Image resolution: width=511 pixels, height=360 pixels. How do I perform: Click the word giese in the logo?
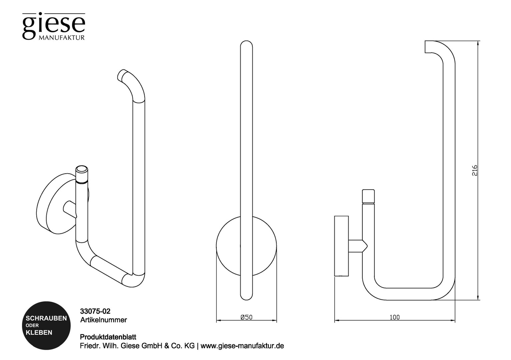coord(54,26)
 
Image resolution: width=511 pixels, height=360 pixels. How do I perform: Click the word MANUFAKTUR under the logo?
coord(62,38)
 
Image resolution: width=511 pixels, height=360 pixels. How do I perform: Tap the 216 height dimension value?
coord(475,170)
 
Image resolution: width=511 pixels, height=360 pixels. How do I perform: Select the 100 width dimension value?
coord(395,317)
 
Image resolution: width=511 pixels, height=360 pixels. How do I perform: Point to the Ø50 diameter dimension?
coord(246,317)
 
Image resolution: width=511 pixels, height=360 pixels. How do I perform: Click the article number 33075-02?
coord(95,311)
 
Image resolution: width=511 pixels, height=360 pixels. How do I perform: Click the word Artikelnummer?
coord(103,320)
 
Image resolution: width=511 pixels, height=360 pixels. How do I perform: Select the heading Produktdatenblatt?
coord(108,337)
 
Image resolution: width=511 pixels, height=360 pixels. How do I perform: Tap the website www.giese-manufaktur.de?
coord(242,346)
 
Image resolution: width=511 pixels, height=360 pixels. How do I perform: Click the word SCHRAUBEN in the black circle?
coord(46,318)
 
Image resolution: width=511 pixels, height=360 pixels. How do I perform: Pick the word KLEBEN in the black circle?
coord(39,333)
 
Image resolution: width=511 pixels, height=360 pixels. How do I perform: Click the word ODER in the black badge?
coord(32,326)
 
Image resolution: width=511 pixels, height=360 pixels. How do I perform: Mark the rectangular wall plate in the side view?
coord(342,246)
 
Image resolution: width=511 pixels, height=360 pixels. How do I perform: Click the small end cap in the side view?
coord(368,196)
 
